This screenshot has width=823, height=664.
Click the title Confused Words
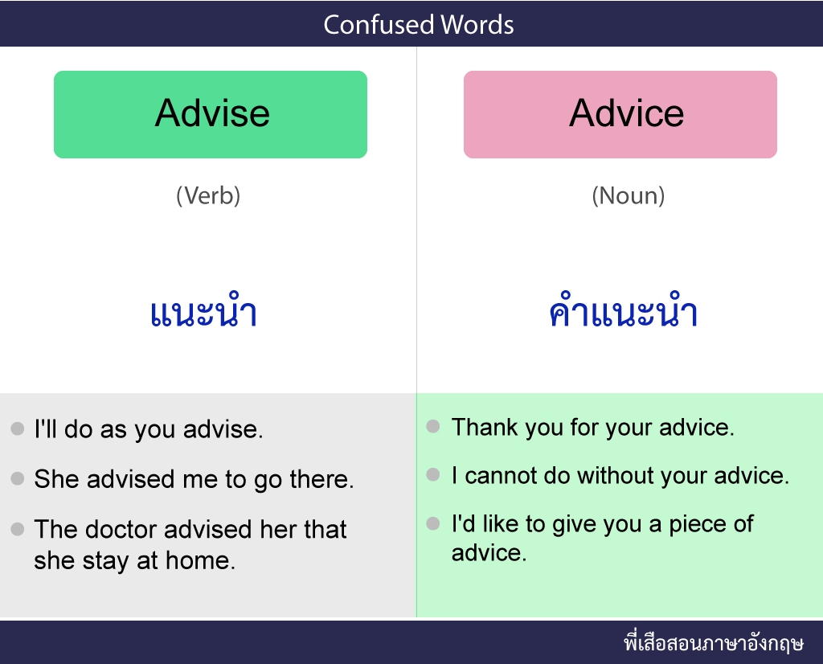coord(418,24)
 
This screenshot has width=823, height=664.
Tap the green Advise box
coord(211,114)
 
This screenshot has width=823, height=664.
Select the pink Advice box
coord(620,114)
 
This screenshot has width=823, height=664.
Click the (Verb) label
coord(208,196)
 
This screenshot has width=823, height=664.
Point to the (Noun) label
coord(629,196)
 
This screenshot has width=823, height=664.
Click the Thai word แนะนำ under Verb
coord(203,311)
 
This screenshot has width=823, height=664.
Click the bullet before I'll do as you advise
coord(18,428)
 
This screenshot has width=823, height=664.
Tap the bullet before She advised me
coord(18,478)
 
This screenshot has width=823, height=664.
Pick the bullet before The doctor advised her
coord(18,529)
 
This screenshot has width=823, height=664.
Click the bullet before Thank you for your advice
coord(433,426)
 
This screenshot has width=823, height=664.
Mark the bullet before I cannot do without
coord(433,474)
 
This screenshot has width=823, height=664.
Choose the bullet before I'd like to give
coord(433,523)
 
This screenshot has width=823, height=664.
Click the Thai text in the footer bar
coord(714,642)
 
